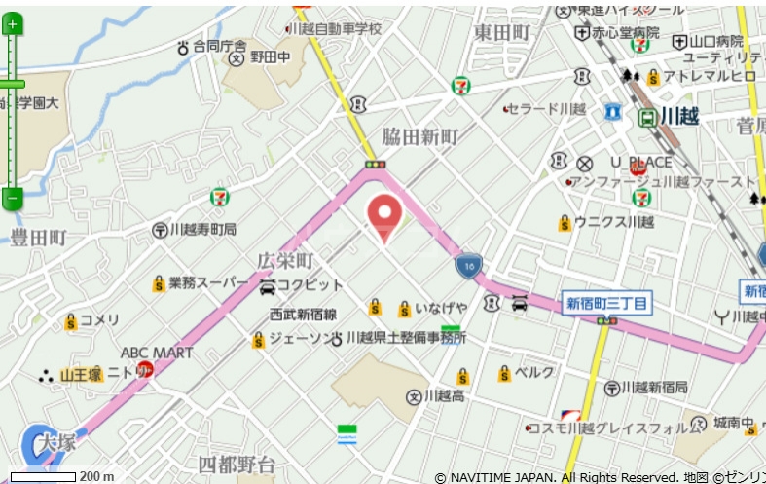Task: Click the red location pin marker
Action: tap(385, 215)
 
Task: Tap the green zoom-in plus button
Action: tap(12, 24)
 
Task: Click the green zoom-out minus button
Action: tap(12, 198)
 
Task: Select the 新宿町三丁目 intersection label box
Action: tap(607, 304)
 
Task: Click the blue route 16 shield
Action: tap(469, 267)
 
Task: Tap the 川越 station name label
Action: tap(680, 115)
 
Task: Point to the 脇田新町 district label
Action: tap(419, 137)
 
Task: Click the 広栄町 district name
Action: tap(285, 261)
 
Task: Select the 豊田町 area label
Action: tap(38, 238)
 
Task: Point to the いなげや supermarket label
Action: tap(441, 309)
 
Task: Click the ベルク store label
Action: tap(534, 373)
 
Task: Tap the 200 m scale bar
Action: tap(43, 477)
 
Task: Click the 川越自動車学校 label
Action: tap(339, 29)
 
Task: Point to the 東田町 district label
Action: tap(502, 33)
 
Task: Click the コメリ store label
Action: tap(99, 320)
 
